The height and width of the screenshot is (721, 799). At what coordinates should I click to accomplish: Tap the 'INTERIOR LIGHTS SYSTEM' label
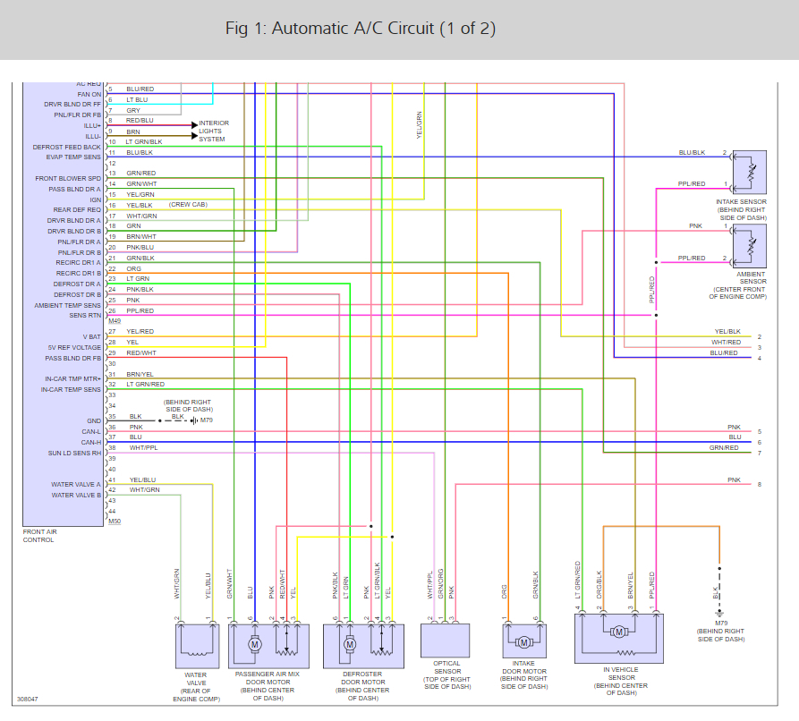[x=213, y=131]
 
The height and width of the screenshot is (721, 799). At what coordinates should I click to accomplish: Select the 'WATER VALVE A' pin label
[x=76, y=485]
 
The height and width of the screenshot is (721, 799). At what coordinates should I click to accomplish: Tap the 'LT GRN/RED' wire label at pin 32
[x=145, y=385]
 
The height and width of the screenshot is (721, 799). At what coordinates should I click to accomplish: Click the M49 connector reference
[x=114, y=320]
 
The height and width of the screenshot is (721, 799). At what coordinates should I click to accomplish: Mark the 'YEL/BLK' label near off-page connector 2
[x=727, y=331]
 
